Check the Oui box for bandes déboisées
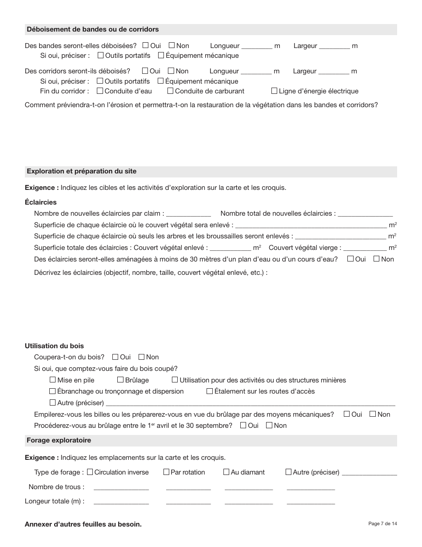click(146, 45)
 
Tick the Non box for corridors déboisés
click(171, 71)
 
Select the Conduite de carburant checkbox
click(171, 91)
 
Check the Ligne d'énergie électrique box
click(275, 91)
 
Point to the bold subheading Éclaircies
click(41, 202)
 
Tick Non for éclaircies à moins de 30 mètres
click(377, 259)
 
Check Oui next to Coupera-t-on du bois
click(115, 357)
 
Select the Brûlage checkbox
click(120, 380)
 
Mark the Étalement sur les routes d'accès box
click(210, 391)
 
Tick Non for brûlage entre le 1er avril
click(269, 425)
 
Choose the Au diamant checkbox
click(227, 472)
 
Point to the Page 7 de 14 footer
click(382, 523)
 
